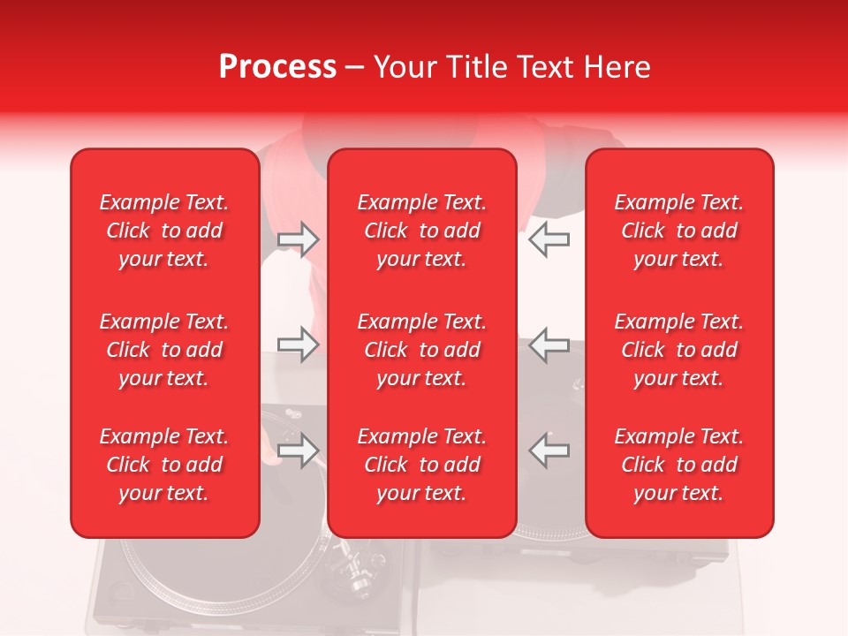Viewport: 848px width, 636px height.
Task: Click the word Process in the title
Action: pos(277,67)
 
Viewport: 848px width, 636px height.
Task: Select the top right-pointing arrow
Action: pos(298,239)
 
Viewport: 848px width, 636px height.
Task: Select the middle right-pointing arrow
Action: pos(298,344)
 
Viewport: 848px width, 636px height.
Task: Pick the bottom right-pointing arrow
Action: pos(298,450)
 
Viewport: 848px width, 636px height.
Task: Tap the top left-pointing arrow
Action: pos(549,239)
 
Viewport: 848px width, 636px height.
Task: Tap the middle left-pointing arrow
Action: pos(549,344)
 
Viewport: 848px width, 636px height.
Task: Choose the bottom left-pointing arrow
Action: pos(549,450)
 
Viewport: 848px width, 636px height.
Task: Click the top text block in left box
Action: pos(164,231)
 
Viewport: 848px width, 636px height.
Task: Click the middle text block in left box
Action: pos(164,350)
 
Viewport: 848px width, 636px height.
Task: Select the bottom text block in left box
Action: pos(164,465)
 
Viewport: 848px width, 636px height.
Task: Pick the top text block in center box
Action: pos(421,231)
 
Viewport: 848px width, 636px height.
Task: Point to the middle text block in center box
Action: pos(421,350)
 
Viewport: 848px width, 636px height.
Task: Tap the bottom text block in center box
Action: pos(421,465)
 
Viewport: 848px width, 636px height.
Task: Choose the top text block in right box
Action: pos(678,231)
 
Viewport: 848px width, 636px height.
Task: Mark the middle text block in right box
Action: pos(678,350)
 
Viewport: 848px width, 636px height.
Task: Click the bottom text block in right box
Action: pos(678,465)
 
